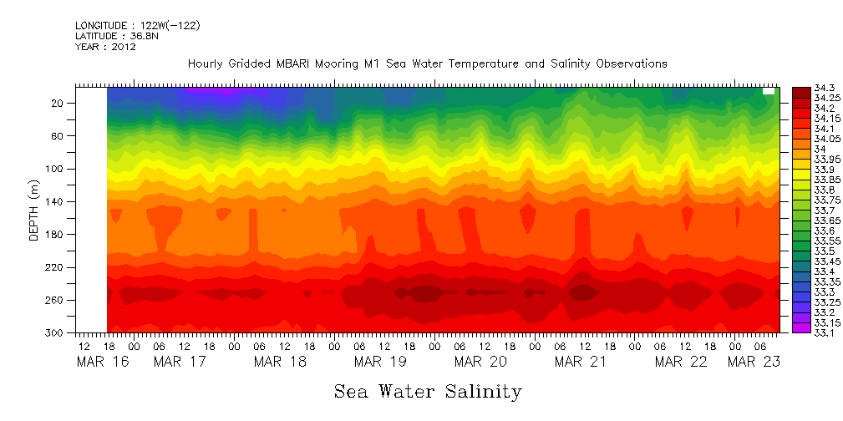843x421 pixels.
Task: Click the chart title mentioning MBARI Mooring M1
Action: tap(427, 63)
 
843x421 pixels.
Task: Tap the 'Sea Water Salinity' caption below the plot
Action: tap(428, 391)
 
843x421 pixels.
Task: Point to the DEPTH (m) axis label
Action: tap(34, 214)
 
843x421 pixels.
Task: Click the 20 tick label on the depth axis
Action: tap(58, 104)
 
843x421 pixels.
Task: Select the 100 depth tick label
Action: tap(56, 169)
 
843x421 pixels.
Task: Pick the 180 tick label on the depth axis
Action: tap(56, 235)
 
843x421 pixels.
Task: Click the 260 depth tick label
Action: tap(56, 300)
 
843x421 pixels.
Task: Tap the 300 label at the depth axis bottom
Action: tap(56, 332)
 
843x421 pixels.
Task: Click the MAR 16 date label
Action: tap(100, 362)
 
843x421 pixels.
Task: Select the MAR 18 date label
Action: tap(281, 362)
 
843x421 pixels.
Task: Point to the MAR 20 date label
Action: tap(481, 362)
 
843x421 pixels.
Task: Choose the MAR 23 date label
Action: tap(753, 362)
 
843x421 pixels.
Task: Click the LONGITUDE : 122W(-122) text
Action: tap(137, 26)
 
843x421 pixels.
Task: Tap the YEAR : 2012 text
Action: tap(105, 47)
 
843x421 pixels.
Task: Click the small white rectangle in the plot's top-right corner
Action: tap(769, 92)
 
